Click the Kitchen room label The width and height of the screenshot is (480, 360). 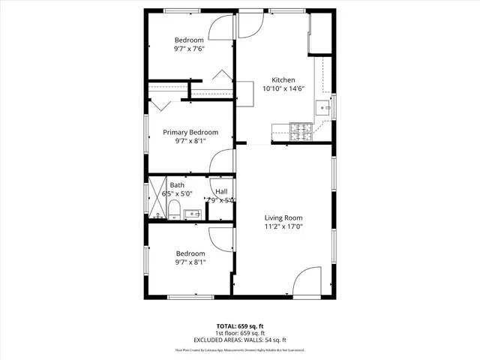coord(283,79)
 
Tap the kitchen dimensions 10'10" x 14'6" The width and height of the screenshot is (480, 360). coord(283,88)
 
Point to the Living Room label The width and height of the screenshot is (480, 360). coord(283,217)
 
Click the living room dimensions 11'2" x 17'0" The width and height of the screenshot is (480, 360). coord(283,226)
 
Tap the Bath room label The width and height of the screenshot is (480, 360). coord(177,185)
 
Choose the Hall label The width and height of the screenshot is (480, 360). coord(221,191)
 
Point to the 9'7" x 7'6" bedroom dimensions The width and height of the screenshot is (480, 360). coord(190,49)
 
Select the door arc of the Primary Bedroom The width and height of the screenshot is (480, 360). coord(223,161)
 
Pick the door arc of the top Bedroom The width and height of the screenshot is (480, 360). coord(221,28)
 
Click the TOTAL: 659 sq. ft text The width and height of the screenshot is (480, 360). coord(240,326)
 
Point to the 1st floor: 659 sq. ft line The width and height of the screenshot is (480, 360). coord(240,333)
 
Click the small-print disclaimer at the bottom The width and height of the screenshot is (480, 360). coord(240,350)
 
